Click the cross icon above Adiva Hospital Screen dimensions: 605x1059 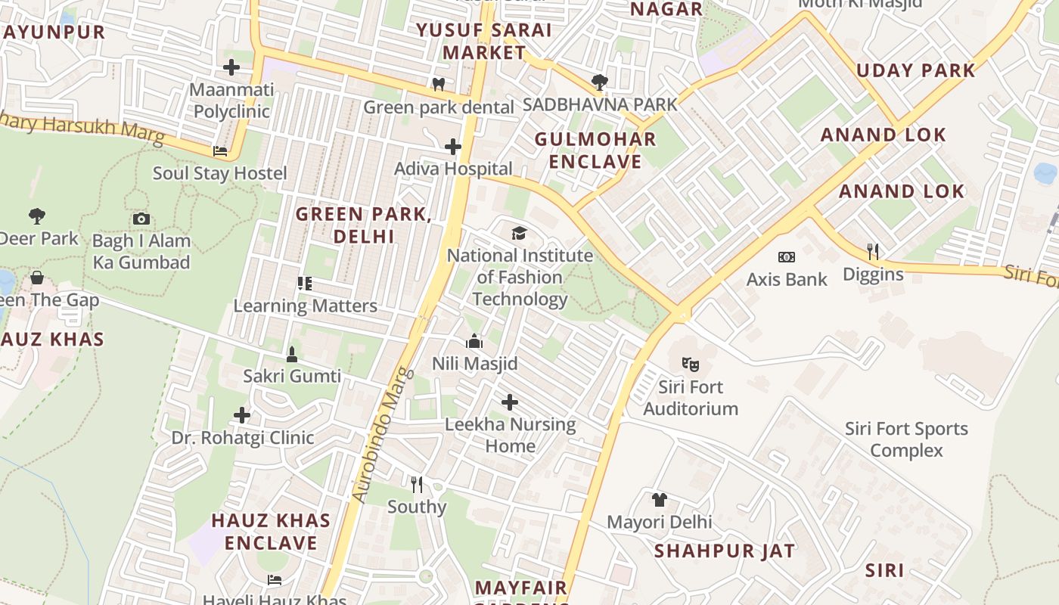click(453, 146)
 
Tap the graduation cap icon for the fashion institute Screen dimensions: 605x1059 click(519, 233)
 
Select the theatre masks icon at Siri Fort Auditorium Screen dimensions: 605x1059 click(690, 365)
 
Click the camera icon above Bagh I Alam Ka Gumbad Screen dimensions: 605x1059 click(141, 219)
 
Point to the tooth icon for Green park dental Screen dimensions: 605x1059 click(438, 84)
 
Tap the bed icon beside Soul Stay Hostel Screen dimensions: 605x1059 click(220, 151)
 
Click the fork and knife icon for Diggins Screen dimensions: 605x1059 click(872, 250)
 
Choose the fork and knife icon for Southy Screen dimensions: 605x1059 click(417, 484)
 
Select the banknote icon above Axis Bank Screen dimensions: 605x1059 click(787, 257)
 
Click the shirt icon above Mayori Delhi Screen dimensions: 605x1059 click(660, 499)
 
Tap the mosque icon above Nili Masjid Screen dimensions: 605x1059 click(474, 341)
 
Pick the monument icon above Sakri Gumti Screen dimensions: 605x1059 click(292, 353)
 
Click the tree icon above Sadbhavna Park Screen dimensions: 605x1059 click(600, 81)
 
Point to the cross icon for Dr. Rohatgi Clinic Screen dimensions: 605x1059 click(242, 415)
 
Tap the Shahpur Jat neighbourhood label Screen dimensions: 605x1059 click(724, 551)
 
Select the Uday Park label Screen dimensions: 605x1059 click(915, 70)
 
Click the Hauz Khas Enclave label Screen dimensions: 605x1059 click(271, 532)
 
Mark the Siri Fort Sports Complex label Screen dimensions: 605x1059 click(906, 439)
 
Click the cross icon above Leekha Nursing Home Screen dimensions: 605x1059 click(510, 402)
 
